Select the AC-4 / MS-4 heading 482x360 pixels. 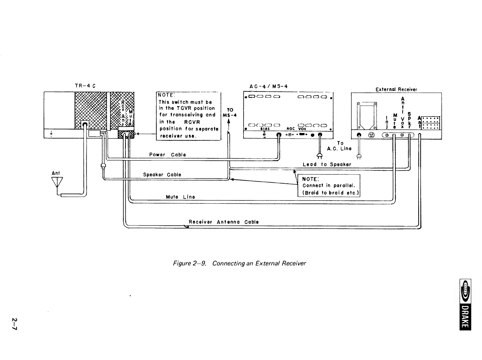tap(268, 86)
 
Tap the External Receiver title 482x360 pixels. tap(396, 89)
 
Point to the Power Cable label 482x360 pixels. tap(167, 155)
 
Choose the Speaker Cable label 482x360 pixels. tap(162, 175)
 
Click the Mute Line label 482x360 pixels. tap(180, 197)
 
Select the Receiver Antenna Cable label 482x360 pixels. tap(224, 222)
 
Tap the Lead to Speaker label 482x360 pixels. tap(327, 164)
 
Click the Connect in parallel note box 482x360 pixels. tap(329, 185)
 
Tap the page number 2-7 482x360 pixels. tap(15, 324)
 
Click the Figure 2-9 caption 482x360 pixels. tap(239, 263)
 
